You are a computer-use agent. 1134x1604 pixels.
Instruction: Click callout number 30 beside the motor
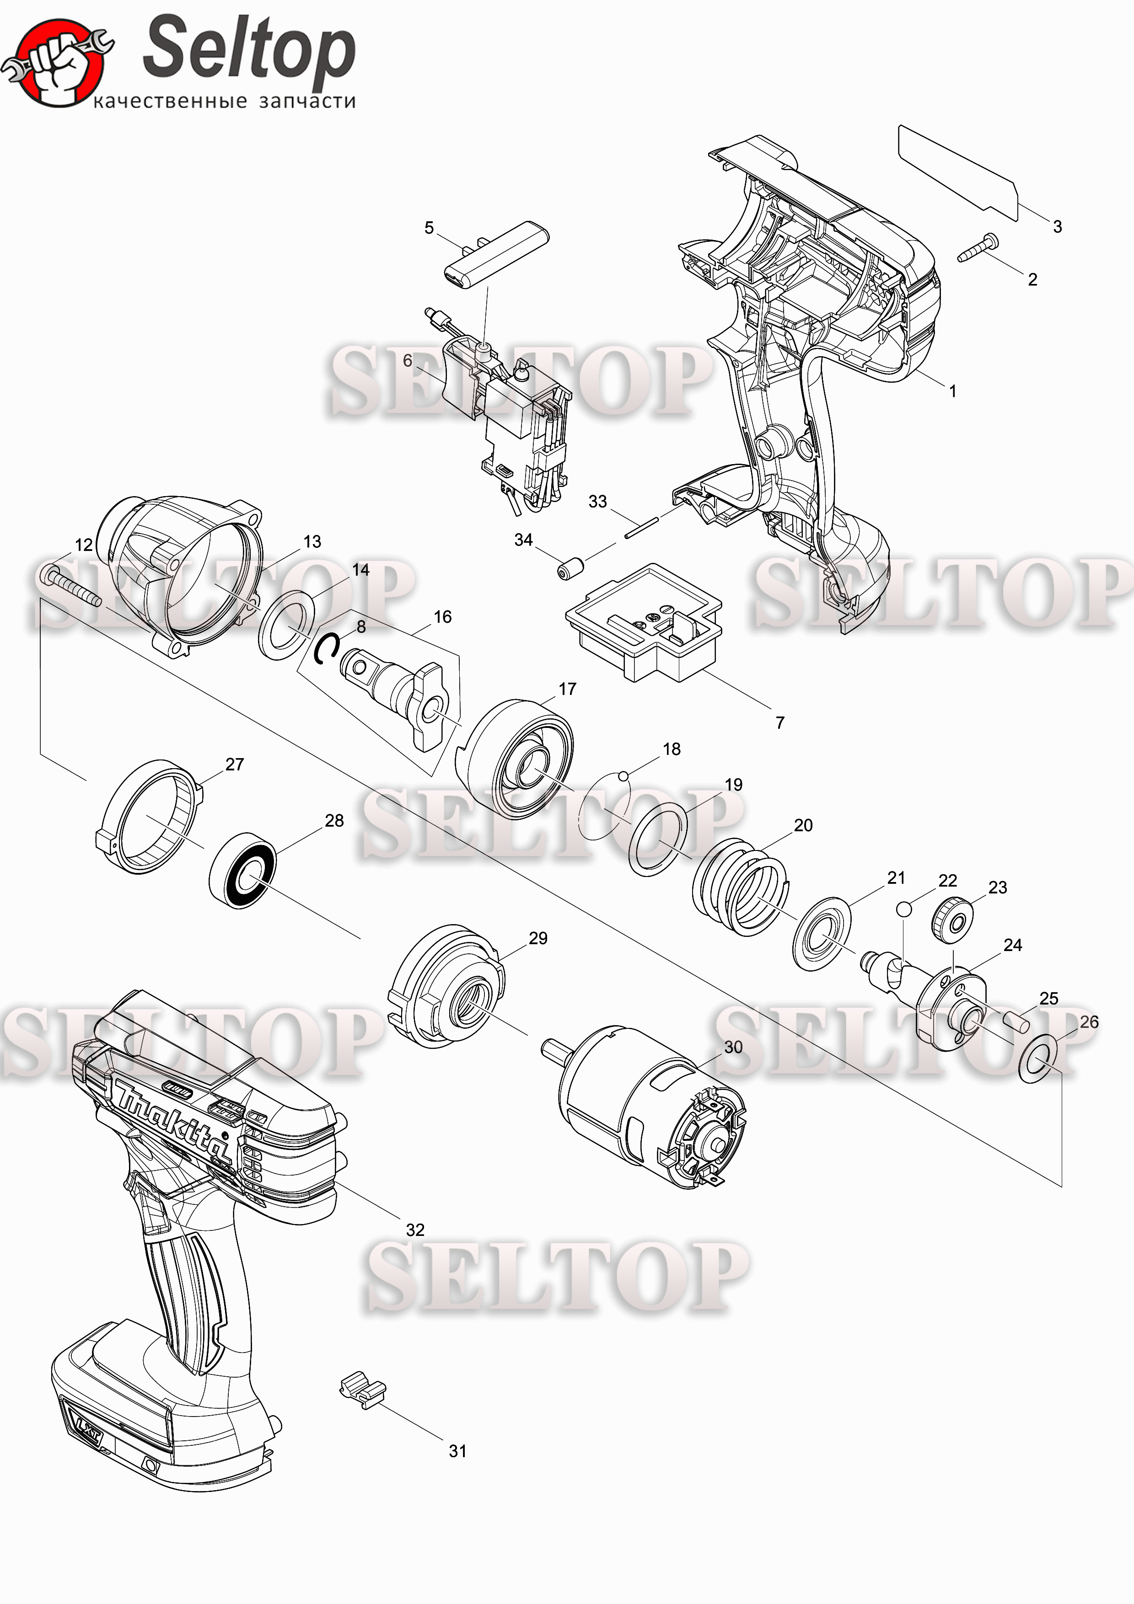coord(733,1047)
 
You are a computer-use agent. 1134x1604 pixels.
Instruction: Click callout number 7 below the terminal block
coord(780,722)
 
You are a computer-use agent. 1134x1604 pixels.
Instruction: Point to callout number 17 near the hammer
coord(567,689)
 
